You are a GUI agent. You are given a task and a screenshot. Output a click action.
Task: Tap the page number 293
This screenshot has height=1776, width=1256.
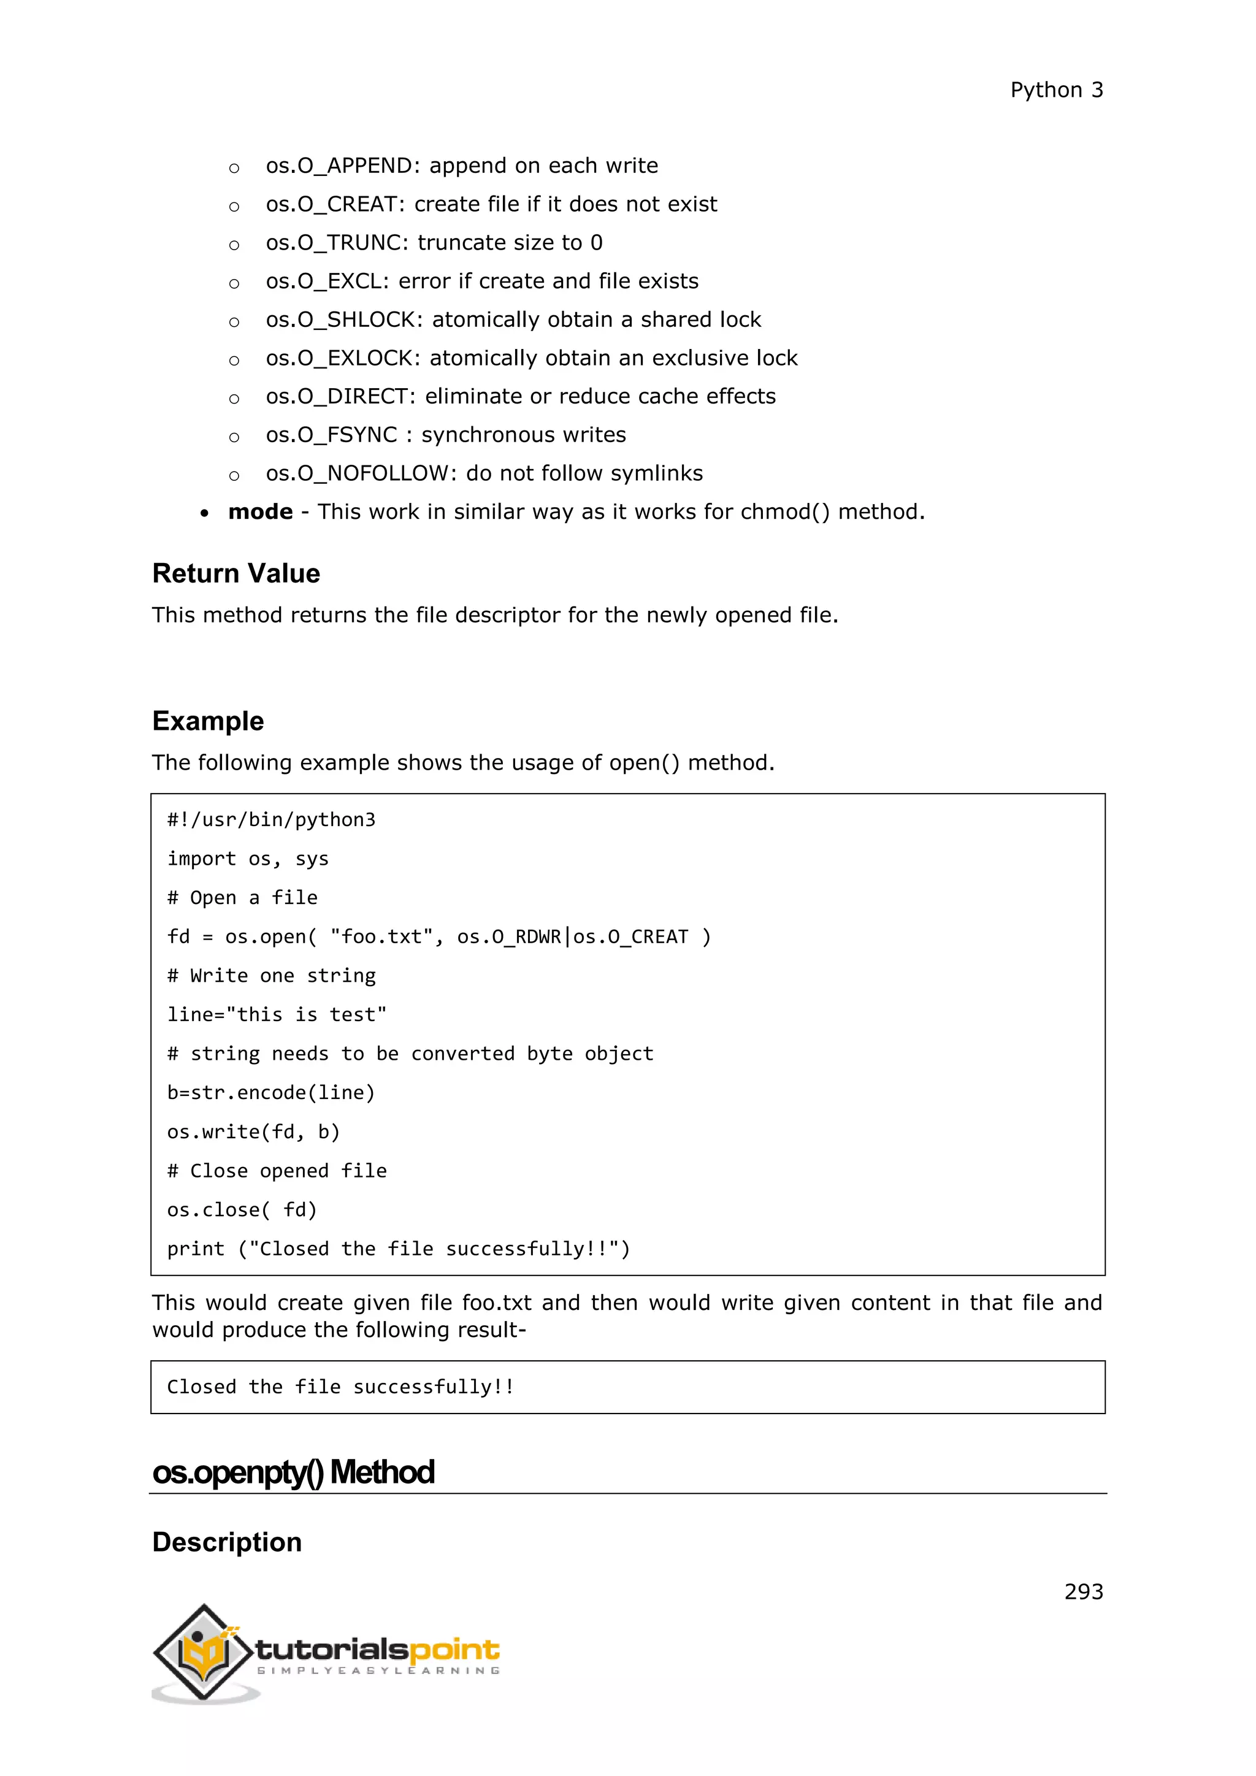point(1083,1591)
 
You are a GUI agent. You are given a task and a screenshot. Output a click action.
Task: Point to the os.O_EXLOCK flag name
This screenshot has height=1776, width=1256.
point(341,358)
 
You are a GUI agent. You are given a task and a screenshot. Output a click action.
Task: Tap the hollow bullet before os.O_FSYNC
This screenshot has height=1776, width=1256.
point(234,437)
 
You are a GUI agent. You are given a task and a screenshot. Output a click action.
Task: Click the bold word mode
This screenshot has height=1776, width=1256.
point(260,512)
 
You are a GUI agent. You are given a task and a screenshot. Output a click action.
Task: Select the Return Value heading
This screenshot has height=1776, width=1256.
point(236,573)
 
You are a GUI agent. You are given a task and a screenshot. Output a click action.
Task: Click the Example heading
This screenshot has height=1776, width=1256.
point(208,721)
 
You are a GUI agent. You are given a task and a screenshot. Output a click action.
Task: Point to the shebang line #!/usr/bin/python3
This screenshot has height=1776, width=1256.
point(270,820)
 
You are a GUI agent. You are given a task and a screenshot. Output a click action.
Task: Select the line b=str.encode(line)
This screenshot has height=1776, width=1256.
point(270,1092)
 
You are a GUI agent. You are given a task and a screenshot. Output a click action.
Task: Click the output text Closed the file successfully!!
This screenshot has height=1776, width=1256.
point(340,1387)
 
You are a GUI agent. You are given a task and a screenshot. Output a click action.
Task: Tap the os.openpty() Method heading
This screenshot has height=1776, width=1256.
point(293,1472)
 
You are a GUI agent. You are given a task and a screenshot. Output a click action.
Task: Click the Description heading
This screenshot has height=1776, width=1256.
point(226,1542)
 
